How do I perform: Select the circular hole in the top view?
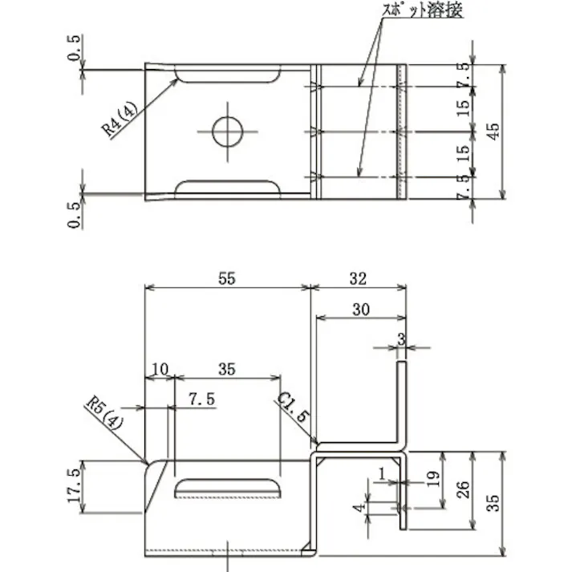coord(227,132)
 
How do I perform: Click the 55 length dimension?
coord(226,278)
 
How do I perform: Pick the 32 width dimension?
coord(358,278)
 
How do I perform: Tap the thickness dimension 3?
coord(400,339)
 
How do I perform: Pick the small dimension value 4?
coord(362,506)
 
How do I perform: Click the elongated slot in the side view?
coord(229,489)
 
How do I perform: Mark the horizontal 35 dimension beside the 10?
coord(226,369)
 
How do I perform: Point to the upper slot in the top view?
coord(229,75)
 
